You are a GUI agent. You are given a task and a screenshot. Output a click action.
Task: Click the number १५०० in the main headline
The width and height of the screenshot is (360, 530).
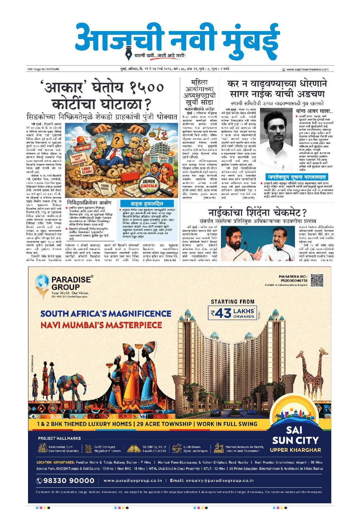(x=146, y=88)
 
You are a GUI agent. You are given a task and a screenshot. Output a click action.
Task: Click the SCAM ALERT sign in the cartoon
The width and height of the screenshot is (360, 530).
(x=83, y=147)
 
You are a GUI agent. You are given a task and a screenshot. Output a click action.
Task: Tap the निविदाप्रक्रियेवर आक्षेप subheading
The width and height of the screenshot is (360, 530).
(x=89, y=202)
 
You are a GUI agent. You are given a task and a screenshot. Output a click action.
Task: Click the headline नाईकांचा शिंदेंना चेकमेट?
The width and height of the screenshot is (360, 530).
(x=257, y=212)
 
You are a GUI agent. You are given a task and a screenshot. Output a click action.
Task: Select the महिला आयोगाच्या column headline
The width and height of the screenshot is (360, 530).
(x=199, y=92)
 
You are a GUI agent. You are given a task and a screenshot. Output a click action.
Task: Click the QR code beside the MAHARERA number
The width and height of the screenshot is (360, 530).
(x=317, y=281)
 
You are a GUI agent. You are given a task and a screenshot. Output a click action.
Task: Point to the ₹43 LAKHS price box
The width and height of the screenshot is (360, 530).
(x=233, y=313)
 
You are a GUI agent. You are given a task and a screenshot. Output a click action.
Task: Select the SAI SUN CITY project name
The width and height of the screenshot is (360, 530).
(x=295, y=435)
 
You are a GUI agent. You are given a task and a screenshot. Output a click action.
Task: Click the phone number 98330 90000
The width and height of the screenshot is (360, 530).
(x=66, y=480)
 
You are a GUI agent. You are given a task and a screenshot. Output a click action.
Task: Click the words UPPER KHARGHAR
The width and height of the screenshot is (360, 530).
(x=295, y=450)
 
